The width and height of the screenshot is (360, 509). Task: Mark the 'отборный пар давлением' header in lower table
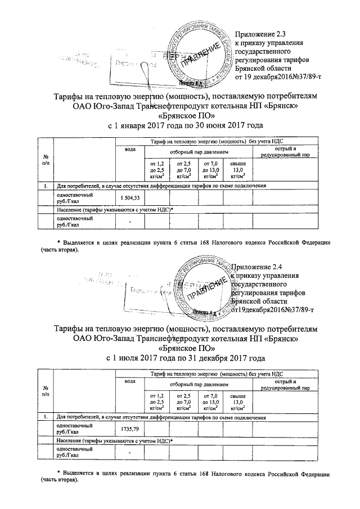click(199, 384)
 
